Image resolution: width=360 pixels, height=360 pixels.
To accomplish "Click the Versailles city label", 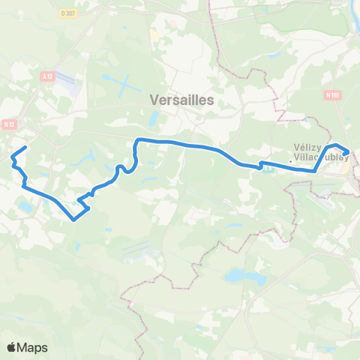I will [181, 99].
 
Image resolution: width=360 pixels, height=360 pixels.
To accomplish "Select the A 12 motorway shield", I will [49, 75].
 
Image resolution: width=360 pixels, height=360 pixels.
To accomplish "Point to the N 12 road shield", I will [10, 124].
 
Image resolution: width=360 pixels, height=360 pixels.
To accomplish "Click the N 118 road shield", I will [332, 95].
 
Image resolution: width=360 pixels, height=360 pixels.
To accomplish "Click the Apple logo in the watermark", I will [11, 347].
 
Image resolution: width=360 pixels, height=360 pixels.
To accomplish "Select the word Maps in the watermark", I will [32, 347].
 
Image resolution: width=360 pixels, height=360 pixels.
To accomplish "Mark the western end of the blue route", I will [26, 147].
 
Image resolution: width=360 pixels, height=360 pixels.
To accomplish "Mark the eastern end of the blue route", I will [349, 156].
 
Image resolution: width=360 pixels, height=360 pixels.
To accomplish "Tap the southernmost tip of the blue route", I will [73, 220].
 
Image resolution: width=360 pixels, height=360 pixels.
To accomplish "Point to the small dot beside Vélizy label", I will [291, 160].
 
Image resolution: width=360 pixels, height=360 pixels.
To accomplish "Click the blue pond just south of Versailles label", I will [154, 118].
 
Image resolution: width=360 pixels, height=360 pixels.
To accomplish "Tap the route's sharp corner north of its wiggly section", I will [137, 140].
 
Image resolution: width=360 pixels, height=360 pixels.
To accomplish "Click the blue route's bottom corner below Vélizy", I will [313, 171].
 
